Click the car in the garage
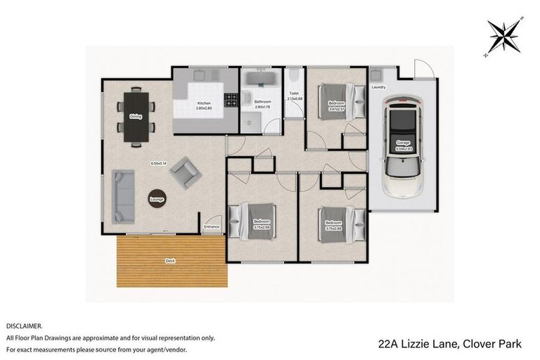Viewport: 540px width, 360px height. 402,148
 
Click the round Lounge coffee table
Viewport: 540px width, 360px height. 157,199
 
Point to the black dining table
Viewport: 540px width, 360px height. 136,117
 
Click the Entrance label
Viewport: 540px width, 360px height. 212,226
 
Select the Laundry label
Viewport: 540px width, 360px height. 378,87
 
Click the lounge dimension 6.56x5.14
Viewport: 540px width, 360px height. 158,163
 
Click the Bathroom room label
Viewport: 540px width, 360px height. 262,102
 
